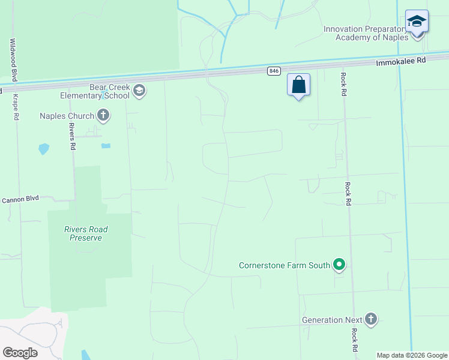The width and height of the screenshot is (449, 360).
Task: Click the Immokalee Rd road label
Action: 400,61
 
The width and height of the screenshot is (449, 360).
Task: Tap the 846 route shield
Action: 274,71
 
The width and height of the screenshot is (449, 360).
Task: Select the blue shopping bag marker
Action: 298,85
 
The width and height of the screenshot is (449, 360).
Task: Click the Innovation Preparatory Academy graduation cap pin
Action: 417,22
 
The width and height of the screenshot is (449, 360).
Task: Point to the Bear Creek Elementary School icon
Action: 139,91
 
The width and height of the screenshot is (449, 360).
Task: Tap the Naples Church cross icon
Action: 103,115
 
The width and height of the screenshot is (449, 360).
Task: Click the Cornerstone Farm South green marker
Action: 340,265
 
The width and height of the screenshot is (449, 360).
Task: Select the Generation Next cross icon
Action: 371,319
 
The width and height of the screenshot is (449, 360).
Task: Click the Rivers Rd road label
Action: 71,136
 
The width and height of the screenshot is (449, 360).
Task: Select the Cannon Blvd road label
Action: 20,199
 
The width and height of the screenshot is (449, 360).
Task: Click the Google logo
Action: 20,353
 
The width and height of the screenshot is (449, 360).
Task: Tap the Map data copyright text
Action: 412,355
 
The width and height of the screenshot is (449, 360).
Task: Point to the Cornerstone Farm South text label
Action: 285,265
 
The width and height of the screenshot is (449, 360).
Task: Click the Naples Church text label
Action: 67,116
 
